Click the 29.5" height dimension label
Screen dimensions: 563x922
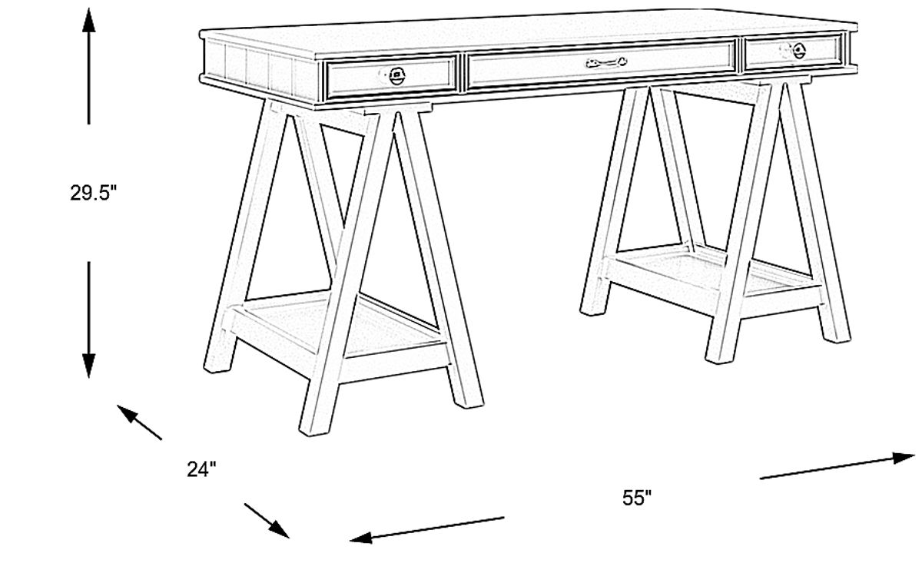pyautogui.click(x=93, y=194)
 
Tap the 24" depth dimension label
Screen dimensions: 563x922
pyautogui.click(x=202, y=469)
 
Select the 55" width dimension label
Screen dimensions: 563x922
pyautogui.click(x=637, y=498)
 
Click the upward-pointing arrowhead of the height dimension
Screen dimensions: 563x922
pyautogui.click(x=89, y=20)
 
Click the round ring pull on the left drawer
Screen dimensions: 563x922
pyautogui.click(x=396, y=75)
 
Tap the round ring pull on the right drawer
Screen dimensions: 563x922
pyautogui.click(x=797, y=51)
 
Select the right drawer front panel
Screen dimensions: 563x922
pyautogui.click(x=794, y=52)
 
